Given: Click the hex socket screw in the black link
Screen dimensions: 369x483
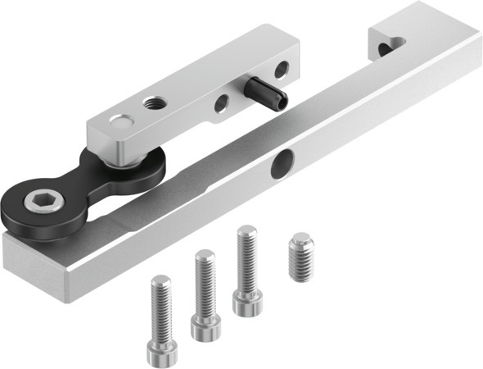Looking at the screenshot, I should pyautogui.click(x=38, y=201).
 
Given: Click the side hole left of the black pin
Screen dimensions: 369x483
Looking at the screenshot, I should pyautogui.click(x=222, y=103).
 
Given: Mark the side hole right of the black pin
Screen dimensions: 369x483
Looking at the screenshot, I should pyautogui.click(x=281, y=70).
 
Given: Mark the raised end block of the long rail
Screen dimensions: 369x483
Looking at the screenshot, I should pyautogui.click(x=401, y=41).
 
